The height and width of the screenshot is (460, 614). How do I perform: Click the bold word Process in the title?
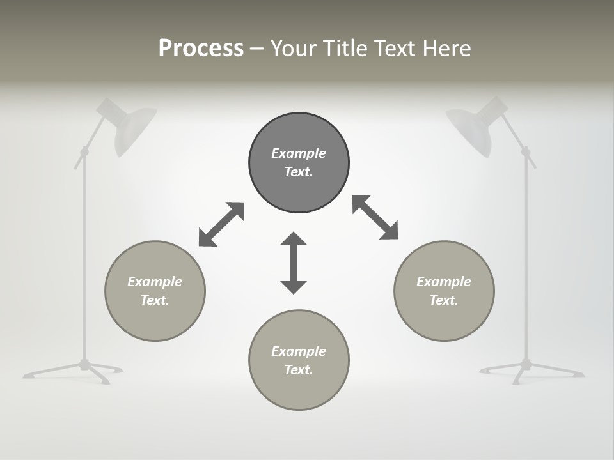click(201, 49)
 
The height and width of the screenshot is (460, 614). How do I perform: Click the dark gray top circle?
click(299, 185)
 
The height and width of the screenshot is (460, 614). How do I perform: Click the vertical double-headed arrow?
click(294, 263)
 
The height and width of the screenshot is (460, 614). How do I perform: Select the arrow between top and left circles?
click(221, 224)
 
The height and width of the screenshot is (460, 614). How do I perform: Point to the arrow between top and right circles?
click(375, 217)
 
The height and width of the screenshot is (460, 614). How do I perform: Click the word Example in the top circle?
click(299, 153)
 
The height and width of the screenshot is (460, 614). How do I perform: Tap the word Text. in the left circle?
click(155, 300)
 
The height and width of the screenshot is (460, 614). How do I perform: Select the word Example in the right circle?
click(444, 282)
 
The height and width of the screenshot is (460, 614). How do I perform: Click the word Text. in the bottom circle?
click(299, 370)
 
